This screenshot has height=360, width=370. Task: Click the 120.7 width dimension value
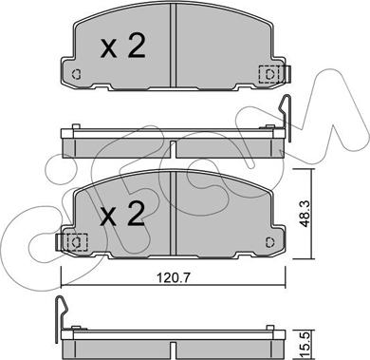pos(173,278)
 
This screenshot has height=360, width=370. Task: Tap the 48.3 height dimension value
pos(305,214)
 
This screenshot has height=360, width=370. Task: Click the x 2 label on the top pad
pos(122,47)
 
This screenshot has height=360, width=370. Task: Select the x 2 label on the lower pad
pos(122,215)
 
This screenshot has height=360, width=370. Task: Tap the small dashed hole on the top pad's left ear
pos(76,74)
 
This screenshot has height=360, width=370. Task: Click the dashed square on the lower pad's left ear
pos(76,242)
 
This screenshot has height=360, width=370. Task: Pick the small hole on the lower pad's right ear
pos(269,242)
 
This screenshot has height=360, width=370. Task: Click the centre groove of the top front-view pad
pos(173,46)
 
